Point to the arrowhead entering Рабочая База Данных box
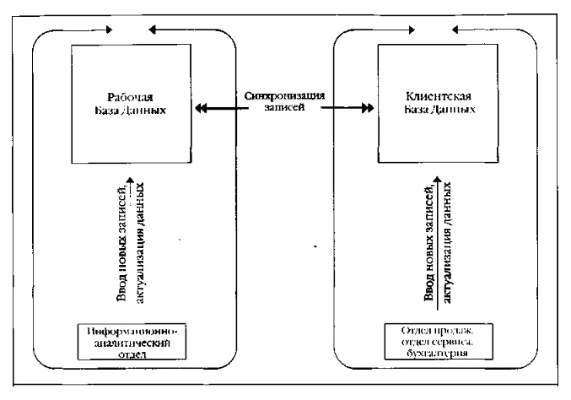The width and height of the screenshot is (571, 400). [x=200, y=107]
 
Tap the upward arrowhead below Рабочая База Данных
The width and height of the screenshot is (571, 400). [x=128, y=180]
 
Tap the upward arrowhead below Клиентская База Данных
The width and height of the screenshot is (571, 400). [x=437, y=180]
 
